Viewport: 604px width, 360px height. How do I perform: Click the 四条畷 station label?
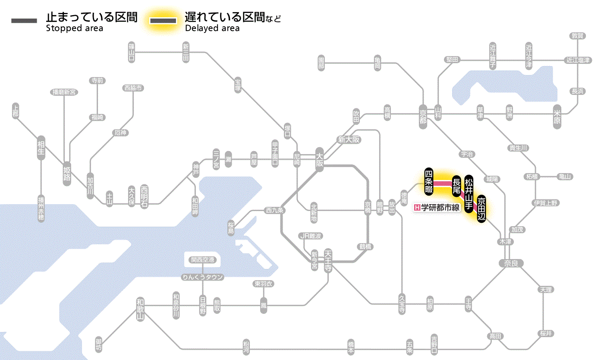click(x=428, y=180)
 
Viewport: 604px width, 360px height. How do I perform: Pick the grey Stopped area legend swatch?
click(x=25, y=21)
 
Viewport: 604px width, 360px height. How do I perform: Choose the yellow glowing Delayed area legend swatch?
click(x=164, y=21)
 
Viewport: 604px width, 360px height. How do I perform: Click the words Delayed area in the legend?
click(x=212, y=28)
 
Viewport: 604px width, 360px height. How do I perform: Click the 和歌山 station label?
click(x=140, y=309)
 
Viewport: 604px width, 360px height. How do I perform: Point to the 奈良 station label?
click(x=510, y=263)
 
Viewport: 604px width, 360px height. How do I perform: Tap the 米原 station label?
click(x=558, y=117)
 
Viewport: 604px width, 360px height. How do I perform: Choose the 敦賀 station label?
click(x=577, y=36)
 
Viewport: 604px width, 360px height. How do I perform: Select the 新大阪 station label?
click(x=349, y=139)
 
